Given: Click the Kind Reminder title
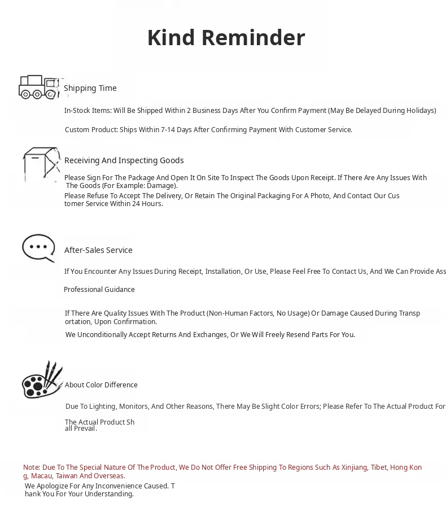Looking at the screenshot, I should click(226, 38).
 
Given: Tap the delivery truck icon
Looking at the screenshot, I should click(39, 87).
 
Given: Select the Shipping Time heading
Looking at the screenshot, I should click(90, 88).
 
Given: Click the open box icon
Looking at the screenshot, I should click(41, 164).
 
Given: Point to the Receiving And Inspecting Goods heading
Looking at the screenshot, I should click(124, 160).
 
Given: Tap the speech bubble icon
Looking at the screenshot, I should click(38, 248).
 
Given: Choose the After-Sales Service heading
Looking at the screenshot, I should click(98, 250).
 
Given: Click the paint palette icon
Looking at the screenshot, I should click(42, 380).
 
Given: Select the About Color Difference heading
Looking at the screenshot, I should click(101, 385).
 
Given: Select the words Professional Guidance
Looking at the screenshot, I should click(99, 290).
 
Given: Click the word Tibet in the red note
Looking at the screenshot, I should click(378, 468).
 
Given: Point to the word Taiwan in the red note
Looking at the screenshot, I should click(67, 476).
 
